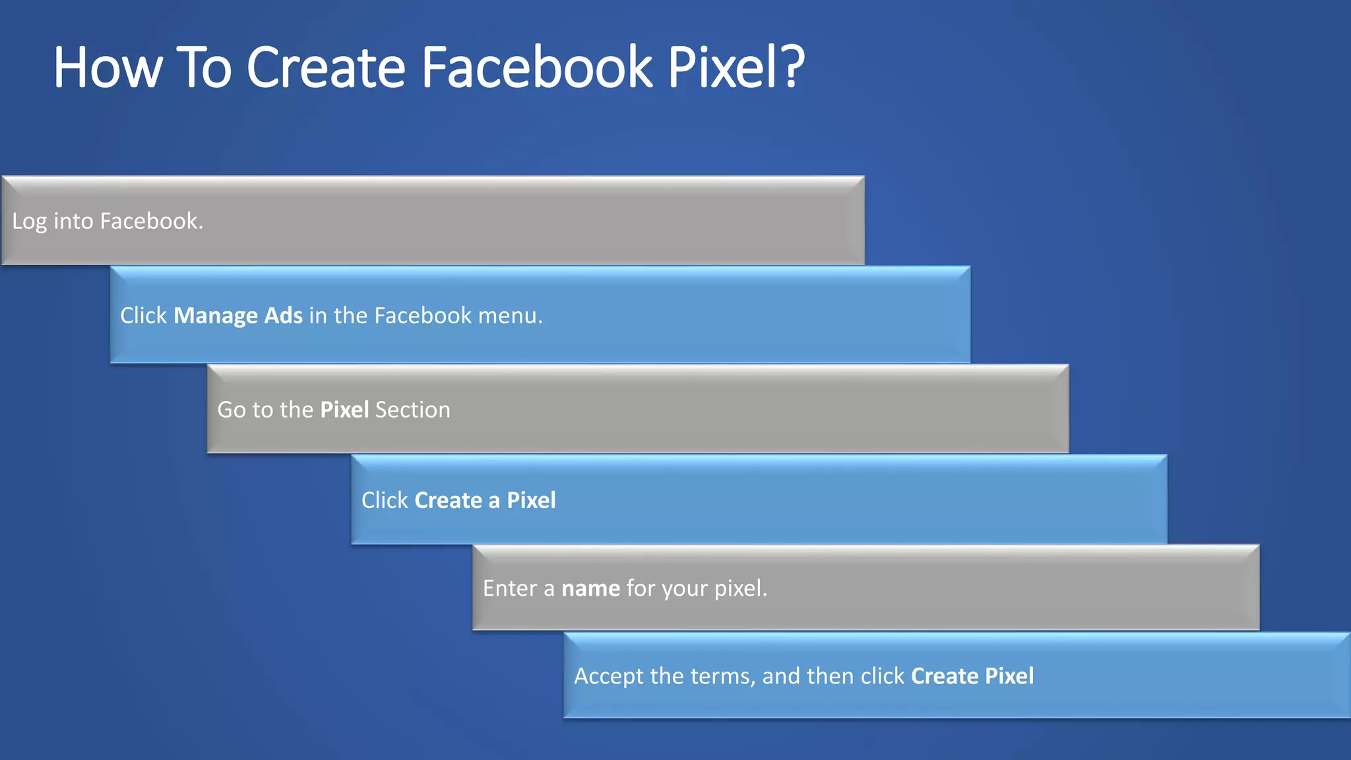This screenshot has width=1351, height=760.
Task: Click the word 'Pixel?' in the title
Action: [736, 67]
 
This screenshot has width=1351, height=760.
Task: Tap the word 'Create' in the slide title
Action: [326, 67]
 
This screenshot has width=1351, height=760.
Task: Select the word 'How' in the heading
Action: [108, 67]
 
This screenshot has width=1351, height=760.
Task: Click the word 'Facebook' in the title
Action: [537, 67]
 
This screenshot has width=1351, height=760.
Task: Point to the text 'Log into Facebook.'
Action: [108, 221]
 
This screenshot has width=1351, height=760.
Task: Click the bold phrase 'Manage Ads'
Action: [238, 315]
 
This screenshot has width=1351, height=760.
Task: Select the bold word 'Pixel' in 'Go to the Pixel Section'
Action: [344, 410]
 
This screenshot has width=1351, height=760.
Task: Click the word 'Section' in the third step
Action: [413, 410]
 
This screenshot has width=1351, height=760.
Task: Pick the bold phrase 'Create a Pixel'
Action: [486, 500]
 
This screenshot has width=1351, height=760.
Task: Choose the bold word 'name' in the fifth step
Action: [590, 588]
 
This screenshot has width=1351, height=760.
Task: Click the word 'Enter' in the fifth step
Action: [510, 588]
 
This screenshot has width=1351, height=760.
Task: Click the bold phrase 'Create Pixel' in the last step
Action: [972, 676]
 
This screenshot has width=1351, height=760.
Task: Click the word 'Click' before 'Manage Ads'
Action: [144, 315]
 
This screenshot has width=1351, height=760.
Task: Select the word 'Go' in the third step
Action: [232, 410]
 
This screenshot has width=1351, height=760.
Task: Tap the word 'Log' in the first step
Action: [30, 221]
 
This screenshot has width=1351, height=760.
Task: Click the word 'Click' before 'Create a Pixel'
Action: [385, 500]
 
